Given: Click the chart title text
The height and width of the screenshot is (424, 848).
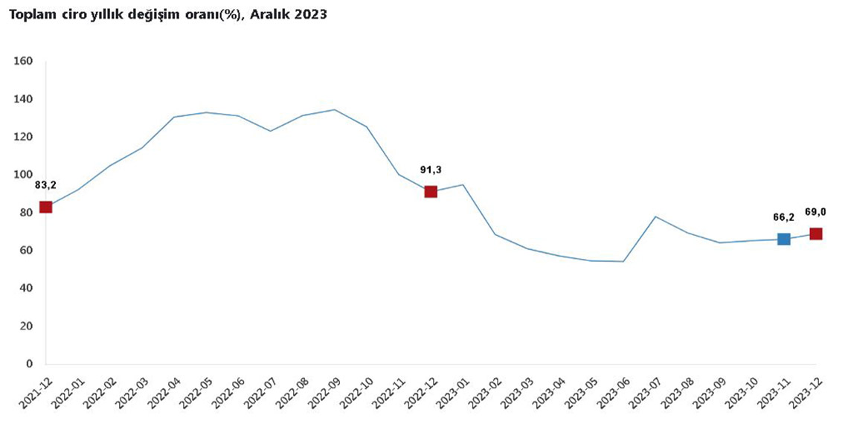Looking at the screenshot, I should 167,14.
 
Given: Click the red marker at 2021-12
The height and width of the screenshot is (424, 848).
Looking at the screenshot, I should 46,207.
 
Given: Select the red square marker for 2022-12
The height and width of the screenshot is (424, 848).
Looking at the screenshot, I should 431,192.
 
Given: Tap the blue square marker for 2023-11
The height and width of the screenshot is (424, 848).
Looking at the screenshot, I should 783,239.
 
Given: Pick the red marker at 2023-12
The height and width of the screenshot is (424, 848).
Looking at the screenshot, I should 816,234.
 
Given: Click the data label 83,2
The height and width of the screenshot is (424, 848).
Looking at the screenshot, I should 46,185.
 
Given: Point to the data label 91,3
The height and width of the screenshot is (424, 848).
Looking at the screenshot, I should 431,170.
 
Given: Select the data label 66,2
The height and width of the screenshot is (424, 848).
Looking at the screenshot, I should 783,217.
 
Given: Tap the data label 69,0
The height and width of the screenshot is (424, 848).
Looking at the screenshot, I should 816,212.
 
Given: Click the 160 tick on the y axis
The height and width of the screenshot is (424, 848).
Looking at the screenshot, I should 25,61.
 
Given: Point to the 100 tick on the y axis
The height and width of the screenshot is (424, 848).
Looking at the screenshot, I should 25,175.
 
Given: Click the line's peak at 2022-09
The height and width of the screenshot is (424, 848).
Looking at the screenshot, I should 335,110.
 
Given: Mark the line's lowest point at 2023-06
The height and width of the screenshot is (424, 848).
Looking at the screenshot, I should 623,261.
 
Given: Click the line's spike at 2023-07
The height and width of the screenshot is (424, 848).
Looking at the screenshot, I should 655,216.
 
